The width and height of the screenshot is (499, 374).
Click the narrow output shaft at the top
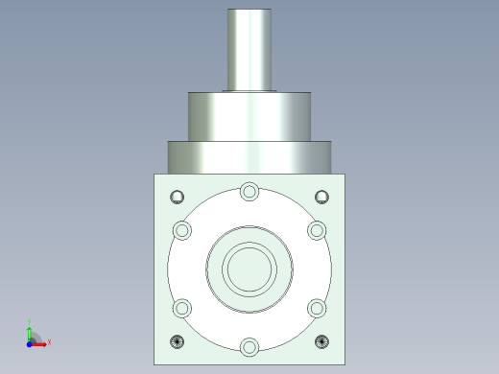point(250,48)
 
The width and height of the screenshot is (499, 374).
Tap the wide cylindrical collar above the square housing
point(249,156)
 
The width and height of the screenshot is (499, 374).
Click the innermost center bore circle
point(249,264)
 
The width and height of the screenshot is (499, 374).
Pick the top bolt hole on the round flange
point(249,191)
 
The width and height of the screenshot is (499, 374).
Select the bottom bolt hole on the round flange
point(249,346)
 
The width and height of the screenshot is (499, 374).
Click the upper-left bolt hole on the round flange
point(181,230)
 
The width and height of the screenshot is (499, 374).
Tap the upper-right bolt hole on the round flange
point(317,230)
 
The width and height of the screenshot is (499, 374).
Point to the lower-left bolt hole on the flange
point(181,308)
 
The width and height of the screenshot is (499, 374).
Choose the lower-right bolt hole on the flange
point(317,308)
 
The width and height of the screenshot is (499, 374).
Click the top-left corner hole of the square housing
point(177,198)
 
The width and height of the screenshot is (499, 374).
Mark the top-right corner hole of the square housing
point(322,198)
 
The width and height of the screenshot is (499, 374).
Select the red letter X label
point(49,341)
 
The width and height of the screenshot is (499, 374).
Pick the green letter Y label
point(30,322)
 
